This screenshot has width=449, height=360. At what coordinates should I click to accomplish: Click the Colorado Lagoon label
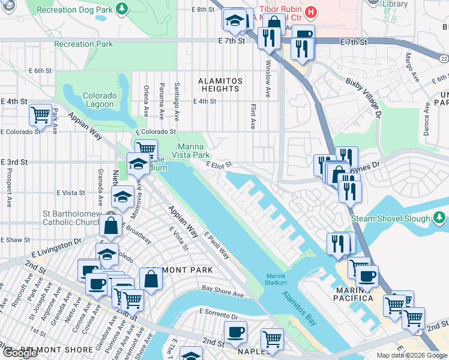[x=99, y=100]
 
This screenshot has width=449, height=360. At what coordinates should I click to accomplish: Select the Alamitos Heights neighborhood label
[x=221, y=85]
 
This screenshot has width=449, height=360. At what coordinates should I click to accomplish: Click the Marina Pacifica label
[x=358, y=298]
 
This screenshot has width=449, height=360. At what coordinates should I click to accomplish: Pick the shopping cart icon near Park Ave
[x=40, y=113]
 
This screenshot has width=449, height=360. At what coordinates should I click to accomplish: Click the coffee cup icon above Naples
[x=235, y=331]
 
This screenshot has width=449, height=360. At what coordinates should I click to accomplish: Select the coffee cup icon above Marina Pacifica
[x=367, y=275]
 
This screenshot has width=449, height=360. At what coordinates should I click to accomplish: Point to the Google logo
[x=19, y=353]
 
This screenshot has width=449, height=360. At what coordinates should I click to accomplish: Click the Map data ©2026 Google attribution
[x=411, y=355]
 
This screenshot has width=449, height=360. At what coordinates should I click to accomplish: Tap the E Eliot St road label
[x=218, y=164]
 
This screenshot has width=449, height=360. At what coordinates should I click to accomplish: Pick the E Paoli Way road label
[x=216, y=246]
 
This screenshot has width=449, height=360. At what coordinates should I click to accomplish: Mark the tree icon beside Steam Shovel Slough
[x=441, y=216]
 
